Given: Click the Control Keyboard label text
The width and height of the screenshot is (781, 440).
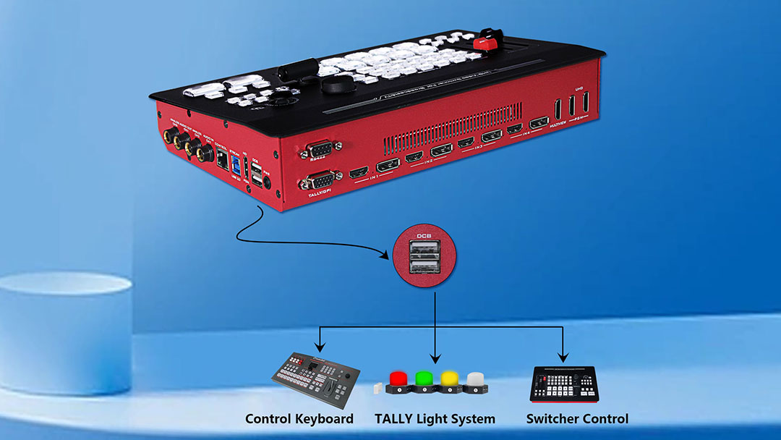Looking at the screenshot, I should click(299, 418).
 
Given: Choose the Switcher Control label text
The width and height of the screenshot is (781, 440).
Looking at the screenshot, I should click(577, 418).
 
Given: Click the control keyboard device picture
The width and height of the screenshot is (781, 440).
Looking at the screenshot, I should click(315, 378).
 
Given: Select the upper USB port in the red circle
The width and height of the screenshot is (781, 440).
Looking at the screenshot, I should click(424, 250).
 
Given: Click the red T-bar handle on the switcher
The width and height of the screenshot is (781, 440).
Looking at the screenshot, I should click(487, 40).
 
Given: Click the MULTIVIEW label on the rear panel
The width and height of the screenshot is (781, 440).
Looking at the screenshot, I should click(562, 125).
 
